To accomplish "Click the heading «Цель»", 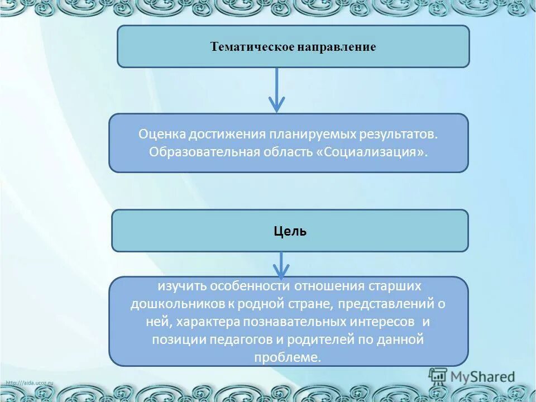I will [290, 231].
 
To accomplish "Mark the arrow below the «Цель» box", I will [281, 265].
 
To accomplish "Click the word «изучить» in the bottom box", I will [180, 286].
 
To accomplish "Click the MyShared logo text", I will [484, 377].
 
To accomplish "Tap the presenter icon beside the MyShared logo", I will [439, 377].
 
